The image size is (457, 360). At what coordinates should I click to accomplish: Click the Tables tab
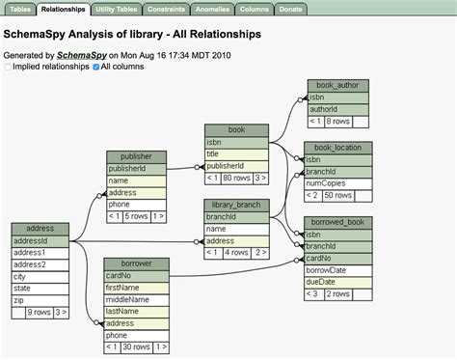(20, 9)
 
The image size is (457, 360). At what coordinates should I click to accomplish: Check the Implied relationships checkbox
(8, 68)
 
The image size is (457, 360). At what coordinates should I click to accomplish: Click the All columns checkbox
(95, 68)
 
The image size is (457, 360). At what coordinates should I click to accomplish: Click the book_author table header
(337, 86)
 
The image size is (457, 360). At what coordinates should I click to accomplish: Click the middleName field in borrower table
(136, 298)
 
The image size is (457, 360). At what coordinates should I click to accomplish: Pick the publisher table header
(136, 156)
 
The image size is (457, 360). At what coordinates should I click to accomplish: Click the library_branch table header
(236, 205)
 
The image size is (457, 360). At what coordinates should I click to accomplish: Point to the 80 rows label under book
(236, 178)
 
